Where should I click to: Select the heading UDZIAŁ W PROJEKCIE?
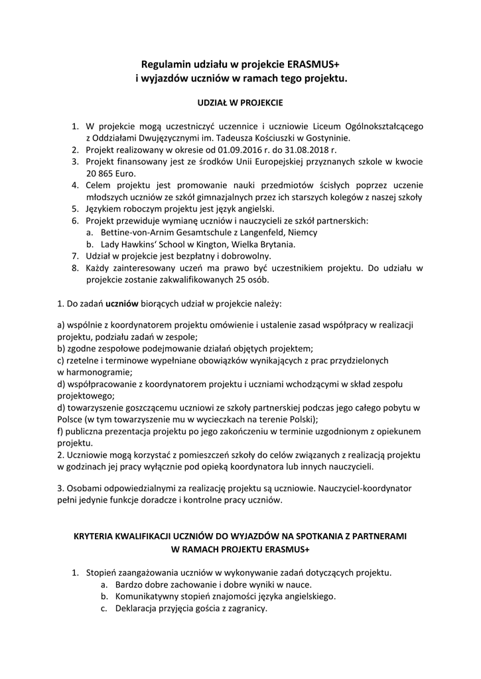tap(240, 103)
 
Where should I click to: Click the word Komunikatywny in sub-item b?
tap(147, 596)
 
